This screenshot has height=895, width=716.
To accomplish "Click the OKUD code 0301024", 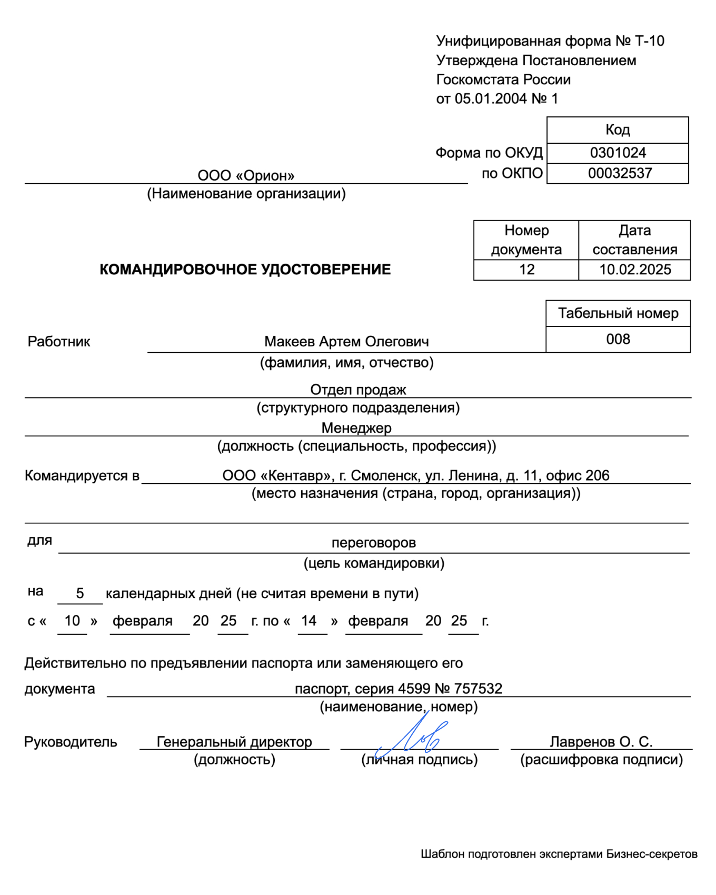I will [618, 153].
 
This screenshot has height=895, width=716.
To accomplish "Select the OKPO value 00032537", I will [620, 173].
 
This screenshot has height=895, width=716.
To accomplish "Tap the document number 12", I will [526, 270].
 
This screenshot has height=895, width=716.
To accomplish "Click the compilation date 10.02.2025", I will [635, 270].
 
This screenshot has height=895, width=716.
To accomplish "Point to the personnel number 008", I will [618, 339].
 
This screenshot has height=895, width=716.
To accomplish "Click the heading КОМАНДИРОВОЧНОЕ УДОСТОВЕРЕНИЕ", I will [245, 270].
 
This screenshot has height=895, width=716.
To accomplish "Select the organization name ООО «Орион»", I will [246, 175].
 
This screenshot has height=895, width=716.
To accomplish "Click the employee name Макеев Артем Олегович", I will [346, 342].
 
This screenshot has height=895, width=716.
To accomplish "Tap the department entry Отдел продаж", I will [358, 390].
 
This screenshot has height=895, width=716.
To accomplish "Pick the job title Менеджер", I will [356, 428].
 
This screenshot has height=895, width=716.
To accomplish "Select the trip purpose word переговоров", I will [374, 542].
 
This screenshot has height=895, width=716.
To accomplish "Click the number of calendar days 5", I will [80, 593].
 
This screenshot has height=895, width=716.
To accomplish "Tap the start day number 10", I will [72, 621].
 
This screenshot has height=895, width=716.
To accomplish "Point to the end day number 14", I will [309, 621].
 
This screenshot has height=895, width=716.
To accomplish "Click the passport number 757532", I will [478, 689].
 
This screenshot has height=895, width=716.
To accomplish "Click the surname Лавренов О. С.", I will [601, 742].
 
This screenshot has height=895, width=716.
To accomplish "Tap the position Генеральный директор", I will [234, 742].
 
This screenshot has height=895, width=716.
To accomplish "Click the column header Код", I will [618, 130].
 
